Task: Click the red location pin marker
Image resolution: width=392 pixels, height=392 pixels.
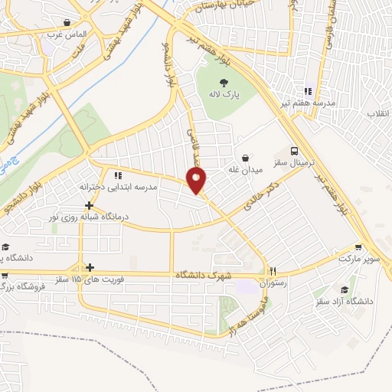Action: point(198,181)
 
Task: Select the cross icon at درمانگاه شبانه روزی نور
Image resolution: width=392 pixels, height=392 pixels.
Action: point(90,205)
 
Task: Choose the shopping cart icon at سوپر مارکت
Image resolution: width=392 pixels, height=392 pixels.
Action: point(358,247)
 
